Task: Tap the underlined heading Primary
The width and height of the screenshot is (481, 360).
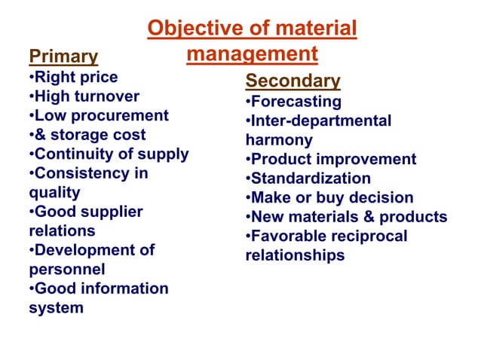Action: (x=63, y=56)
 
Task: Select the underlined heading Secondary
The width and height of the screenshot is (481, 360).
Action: (x=293, y=81)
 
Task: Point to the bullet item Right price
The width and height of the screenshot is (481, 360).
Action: (x=75, y=77)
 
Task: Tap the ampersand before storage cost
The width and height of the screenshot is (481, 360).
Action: (x=39, y=135)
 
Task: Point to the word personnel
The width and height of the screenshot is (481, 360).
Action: (x=66, y=269)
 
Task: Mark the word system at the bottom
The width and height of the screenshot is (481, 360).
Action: (x=56, y=307)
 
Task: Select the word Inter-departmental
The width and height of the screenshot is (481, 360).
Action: (x=321, y=121)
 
